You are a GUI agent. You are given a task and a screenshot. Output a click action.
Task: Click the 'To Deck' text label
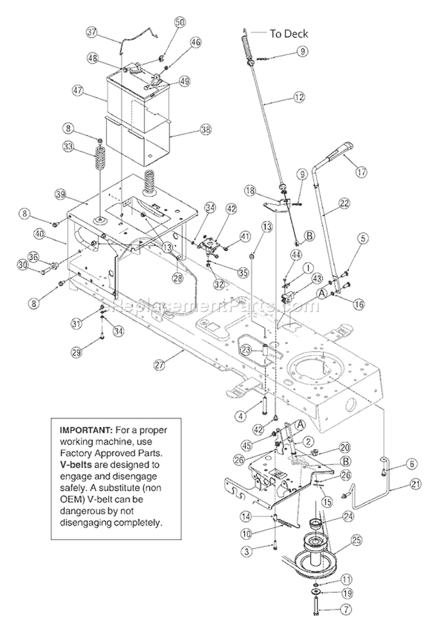point(288,33)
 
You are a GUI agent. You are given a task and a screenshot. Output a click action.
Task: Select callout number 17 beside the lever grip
point(360,172)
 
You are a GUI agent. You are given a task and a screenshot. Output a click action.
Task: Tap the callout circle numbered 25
point(355,543)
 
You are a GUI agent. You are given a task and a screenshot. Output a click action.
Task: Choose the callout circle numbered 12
point(300,99)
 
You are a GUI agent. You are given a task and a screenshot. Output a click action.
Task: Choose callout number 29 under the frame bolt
point(76,352)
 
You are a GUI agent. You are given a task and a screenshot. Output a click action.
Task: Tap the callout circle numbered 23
point(246,349)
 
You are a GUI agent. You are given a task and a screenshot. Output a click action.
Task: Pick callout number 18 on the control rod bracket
point(250,191)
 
